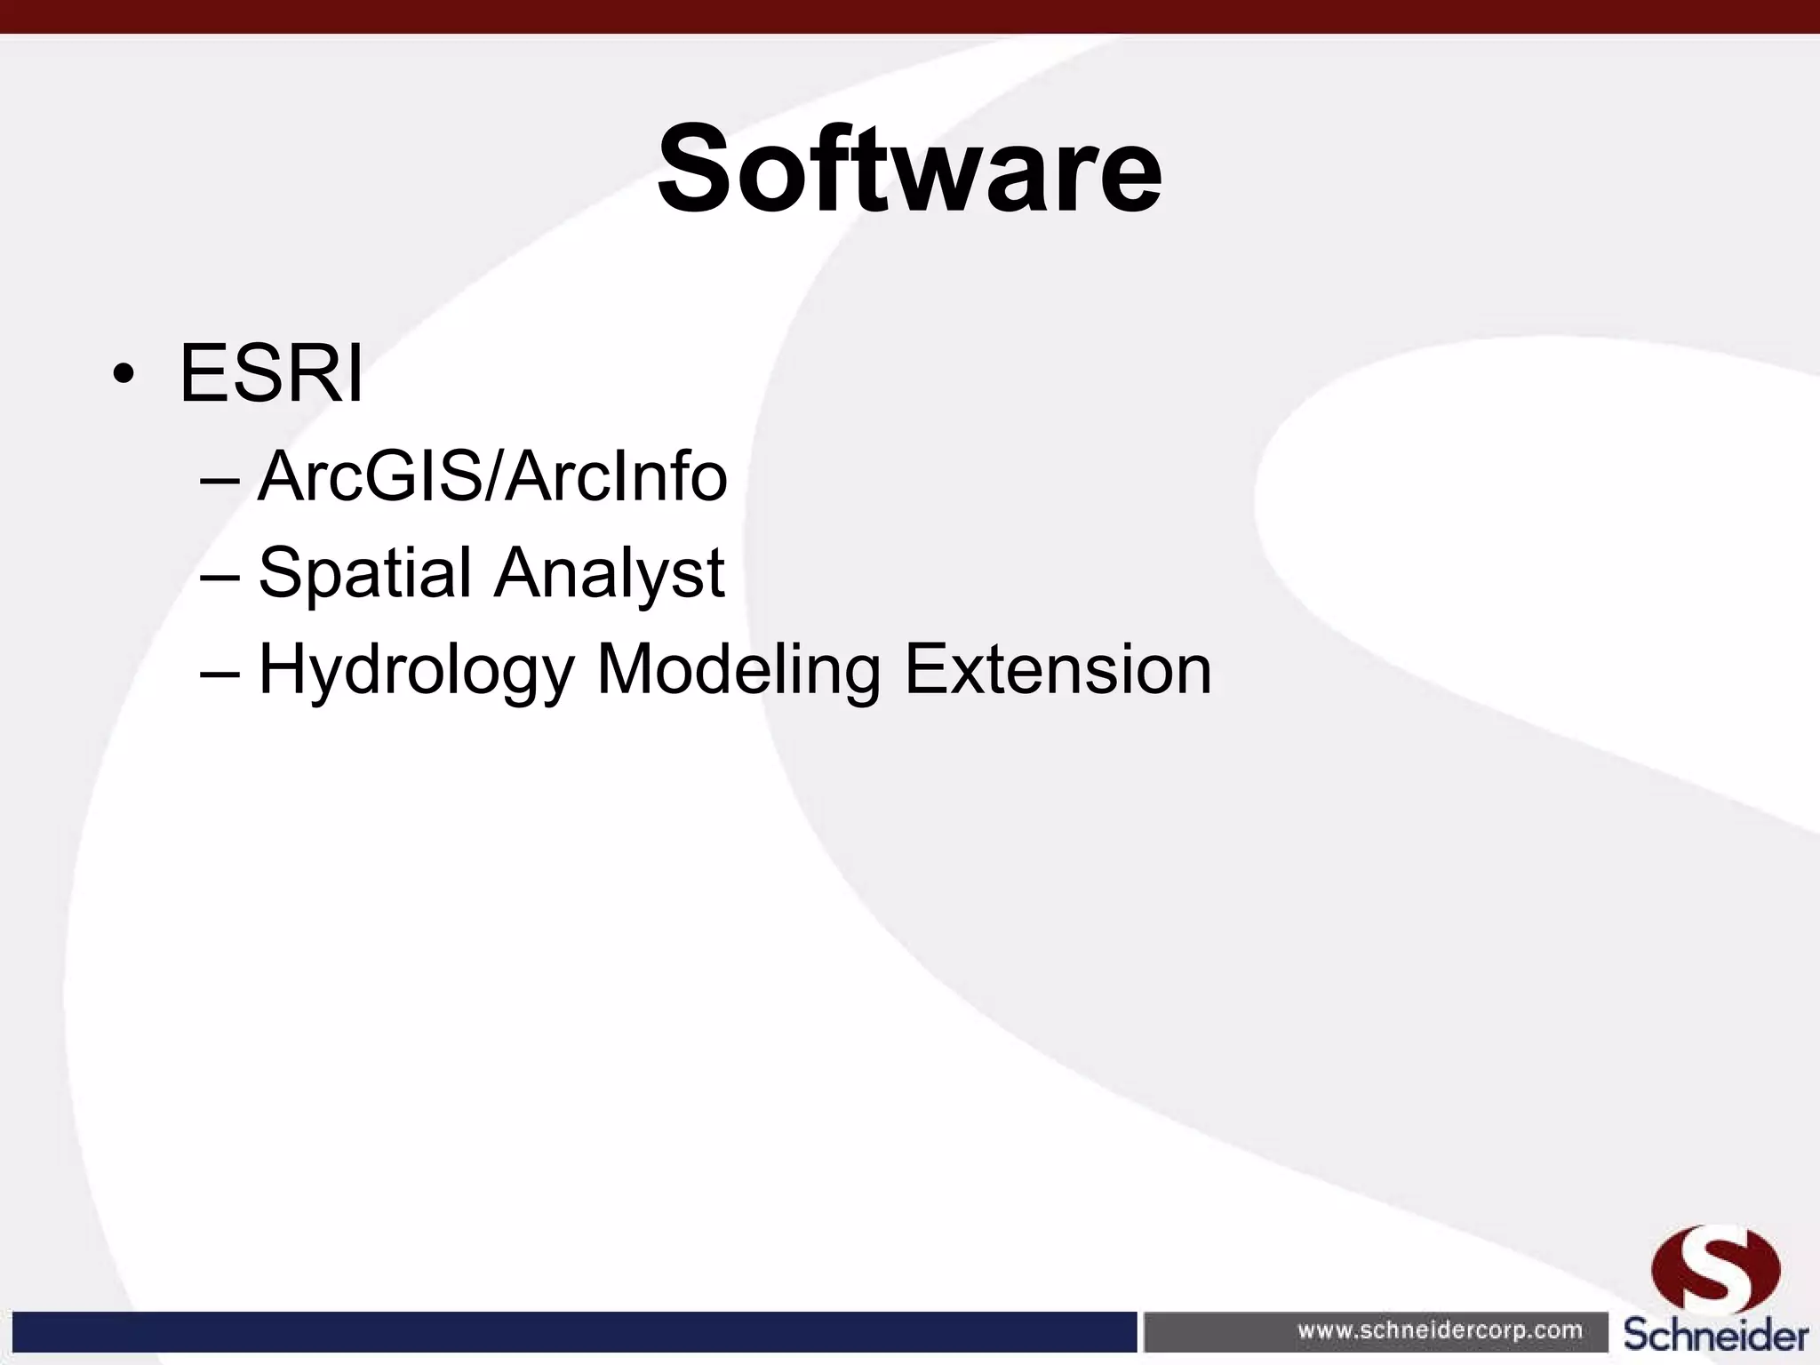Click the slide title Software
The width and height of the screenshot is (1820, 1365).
pos(909,169)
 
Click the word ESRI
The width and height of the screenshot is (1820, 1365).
pos(271,373)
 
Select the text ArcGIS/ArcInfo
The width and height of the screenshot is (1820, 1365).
pos(492,476)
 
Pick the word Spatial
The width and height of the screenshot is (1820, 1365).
pos(364,574)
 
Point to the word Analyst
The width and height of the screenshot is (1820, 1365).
pos(610,574)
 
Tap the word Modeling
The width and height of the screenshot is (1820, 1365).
pos(738,668)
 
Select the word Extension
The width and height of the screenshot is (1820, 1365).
pos(1058,668)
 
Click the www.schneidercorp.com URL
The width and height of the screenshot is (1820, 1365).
pos(1440,1330)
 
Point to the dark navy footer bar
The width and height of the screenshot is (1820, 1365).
pos(569,1330)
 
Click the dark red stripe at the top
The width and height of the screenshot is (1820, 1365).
pos(910,16)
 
